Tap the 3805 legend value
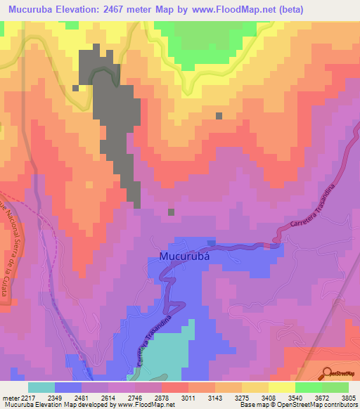click(347, 398)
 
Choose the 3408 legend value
click(267, 398)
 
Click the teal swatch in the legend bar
click(41, 387)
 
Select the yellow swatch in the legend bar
click(282, 387)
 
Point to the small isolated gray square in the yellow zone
click(219, 116)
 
